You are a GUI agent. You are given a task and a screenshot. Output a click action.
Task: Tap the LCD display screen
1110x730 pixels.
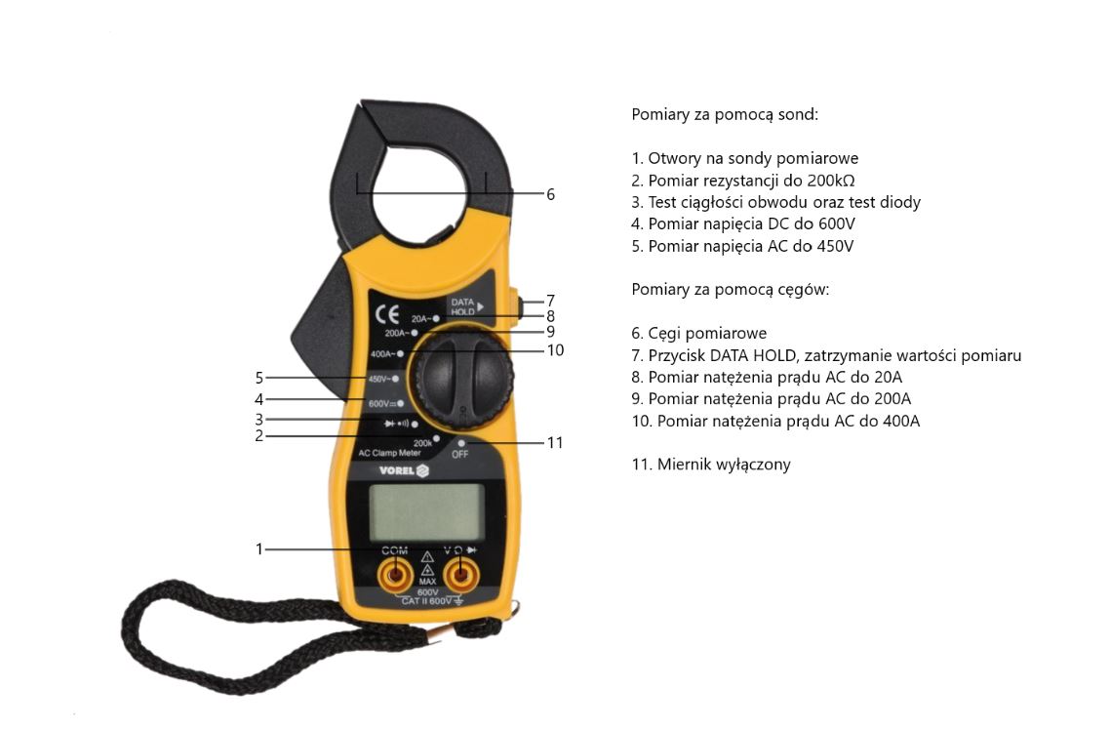pos(427,512)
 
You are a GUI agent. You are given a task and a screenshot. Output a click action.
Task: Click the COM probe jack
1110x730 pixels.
pos(395,574)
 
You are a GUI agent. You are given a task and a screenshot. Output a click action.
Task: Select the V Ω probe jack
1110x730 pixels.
pos(460,574)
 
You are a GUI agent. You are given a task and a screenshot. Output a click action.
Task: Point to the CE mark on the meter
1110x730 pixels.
pos(387,313)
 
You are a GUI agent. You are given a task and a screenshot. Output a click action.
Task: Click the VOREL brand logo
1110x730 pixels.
pos(404,470)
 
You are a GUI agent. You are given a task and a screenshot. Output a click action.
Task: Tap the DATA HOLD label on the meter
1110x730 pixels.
pos(463,306)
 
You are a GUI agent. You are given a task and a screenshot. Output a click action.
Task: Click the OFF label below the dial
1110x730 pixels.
pos(460,455)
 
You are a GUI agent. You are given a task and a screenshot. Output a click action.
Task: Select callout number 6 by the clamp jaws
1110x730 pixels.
pos(550,194)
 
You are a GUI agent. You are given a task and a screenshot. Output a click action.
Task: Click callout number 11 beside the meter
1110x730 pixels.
pos(555,442)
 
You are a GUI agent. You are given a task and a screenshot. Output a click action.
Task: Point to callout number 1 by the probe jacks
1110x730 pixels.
pos(259,548)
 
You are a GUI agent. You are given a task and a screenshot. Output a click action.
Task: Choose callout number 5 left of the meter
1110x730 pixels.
pos(259,378)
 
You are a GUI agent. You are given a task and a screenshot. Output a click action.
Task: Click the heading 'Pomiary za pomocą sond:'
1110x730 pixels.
pos(725,115)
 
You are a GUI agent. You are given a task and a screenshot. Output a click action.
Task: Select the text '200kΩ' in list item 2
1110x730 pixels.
pos(831,181)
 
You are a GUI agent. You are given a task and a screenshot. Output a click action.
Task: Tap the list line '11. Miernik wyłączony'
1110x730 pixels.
pos(711,465)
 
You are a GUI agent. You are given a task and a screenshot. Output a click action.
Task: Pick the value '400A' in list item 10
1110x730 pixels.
pos(901,422)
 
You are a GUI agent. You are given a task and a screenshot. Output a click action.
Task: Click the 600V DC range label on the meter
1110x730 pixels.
pos(383,404)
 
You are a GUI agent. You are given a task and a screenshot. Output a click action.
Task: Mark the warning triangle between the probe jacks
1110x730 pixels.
pos(427,557)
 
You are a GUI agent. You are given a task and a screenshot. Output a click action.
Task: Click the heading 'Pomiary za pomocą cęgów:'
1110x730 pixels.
pos(730,290)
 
